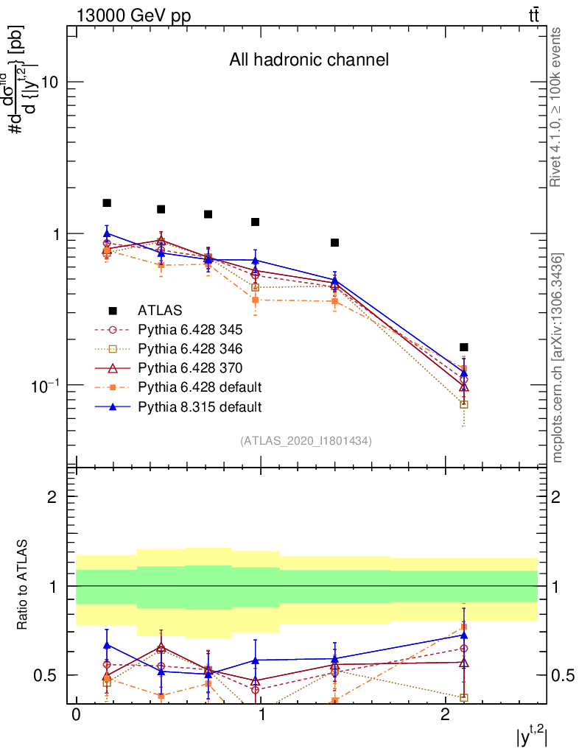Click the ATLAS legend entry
tap(160, 310)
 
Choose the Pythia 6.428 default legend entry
tap(199, 387)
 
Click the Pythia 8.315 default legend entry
tap(199, 406)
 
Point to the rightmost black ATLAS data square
tap(463, 347)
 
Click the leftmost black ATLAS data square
tap(107, 202)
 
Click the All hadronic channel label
tap(309, 60)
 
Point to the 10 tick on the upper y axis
tap(49, 81)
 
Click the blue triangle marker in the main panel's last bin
tap(463, 373)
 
